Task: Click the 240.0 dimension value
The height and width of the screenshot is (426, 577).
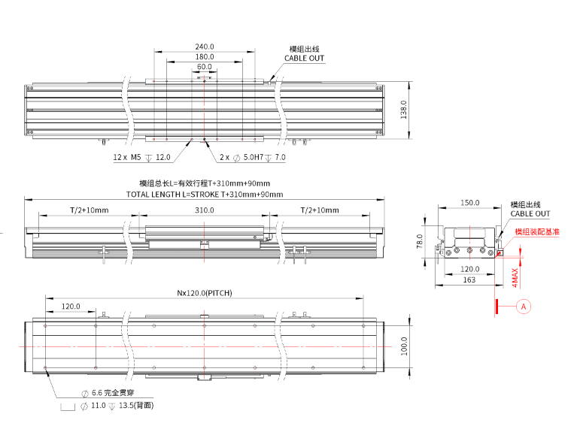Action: click(204, 46)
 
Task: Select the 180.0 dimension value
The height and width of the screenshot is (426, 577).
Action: click(204, 56)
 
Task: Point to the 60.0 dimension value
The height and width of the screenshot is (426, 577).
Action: click(204, 67)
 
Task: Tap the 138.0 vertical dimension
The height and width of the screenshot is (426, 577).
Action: click(403, 110)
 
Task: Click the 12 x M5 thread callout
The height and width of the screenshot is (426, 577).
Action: click(142, 158)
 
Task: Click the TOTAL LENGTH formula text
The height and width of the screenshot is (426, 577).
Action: click(205, 194)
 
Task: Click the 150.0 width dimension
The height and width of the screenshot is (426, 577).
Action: click(469, 203)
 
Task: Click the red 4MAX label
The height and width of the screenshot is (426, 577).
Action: click(515, 277)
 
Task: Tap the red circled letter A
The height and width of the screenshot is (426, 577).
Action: click(525, 306)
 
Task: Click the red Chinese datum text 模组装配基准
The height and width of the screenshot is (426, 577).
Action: click(537, 232)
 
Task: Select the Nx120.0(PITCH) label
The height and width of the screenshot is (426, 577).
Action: click(205, 292)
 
